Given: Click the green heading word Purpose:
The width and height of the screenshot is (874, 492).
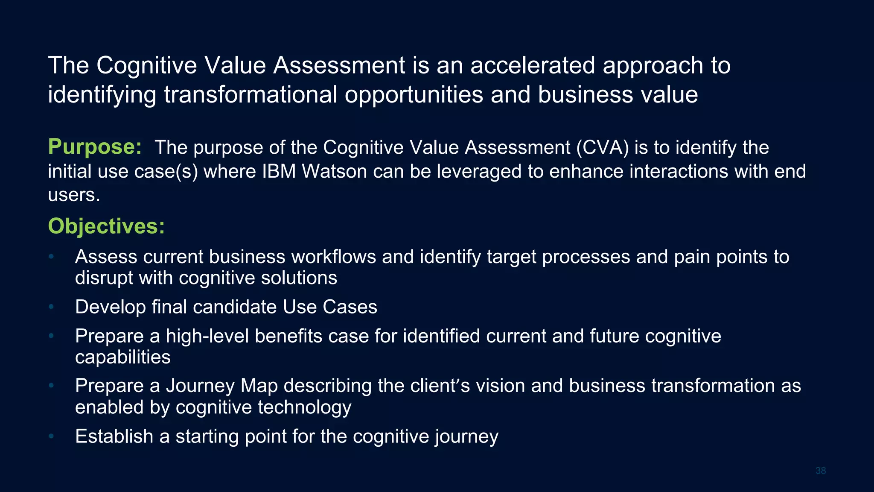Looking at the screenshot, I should point(94,147).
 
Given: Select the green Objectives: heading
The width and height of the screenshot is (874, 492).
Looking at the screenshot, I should point(106,226).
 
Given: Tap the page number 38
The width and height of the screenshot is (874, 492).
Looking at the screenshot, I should point(820,471).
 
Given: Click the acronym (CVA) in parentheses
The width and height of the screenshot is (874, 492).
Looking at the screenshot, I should point(602,148).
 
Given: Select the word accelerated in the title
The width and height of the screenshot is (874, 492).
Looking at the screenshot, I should point(533,66).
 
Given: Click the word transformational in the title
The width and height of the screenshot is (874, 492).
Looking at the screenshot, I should point(251,94).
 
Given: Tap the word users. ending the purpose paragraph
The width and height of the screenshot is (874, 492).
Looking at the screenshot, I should point(74,196).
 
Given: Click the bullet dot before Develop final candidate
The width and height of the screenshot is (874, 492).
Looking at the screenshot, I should point(51,307).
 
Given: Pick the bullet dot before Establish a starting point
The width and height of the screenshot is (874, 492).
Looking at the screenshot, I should point(51,436).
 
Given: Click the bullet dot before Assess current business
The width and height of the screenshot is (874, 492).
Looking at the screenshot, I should point(51,257).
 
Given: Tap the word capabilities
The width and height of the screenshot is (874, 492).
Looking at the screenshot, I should point(123,357).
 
